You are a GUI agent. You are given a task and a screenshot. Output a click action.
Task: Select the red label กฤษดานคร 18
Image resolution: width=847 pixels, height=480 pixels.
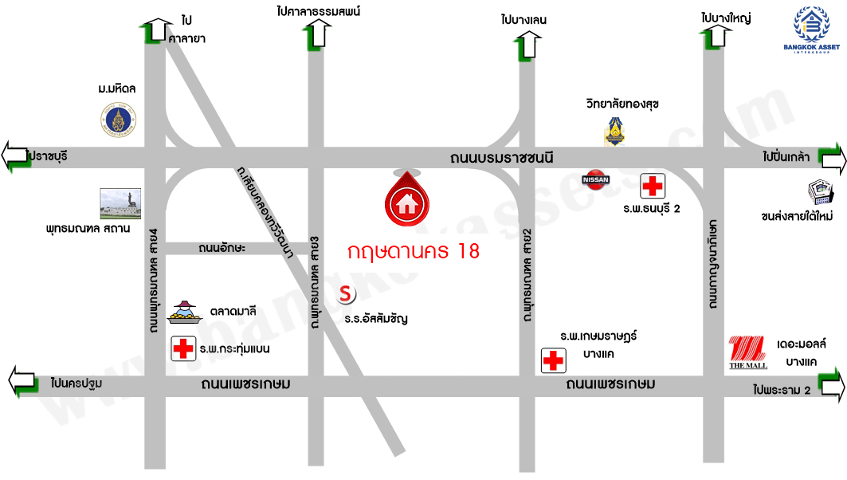[x=414, y=252]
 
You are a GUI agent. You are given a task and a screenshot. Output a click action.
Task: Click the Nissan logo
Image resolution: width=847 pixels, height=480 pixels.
[x=597, y=179]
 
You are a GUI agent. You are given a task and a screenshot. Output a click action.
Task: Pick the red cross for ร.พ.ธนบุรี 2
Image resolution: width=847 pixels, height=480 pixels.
[x=653, y=187]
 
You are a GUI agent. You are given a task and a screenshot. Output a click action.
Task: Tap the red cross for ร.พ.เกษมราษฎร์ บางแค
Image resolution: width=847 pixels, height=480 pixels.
[x=552, y=360]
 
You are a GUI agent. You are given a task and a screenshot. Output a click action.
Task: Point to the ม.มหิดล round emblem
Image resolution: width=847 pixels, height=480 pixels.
[x=119, y=120]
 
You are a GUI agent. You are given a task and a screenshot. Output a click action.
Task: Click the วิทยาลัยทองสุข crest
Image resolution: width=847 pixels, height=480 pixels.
[x=613, y=131]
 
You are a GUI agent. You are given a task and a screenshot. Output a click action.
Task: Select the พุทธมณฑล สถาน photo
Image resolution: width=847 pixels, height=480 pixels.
[x=120, y=204]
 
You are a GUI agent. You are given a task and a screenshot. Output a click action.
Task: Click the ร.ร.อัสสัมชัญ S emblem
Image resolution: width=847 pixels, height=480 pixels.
[x=346, y=294]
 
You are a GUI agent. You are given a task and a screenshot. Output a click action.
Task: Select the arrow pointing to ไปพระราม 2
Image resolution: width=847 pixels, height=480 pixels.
[x=831, y=386]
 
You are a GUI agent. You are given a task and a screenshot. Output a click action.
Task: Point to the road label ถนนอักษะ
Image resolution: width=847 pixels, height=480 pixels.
[x=222, y=249]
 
